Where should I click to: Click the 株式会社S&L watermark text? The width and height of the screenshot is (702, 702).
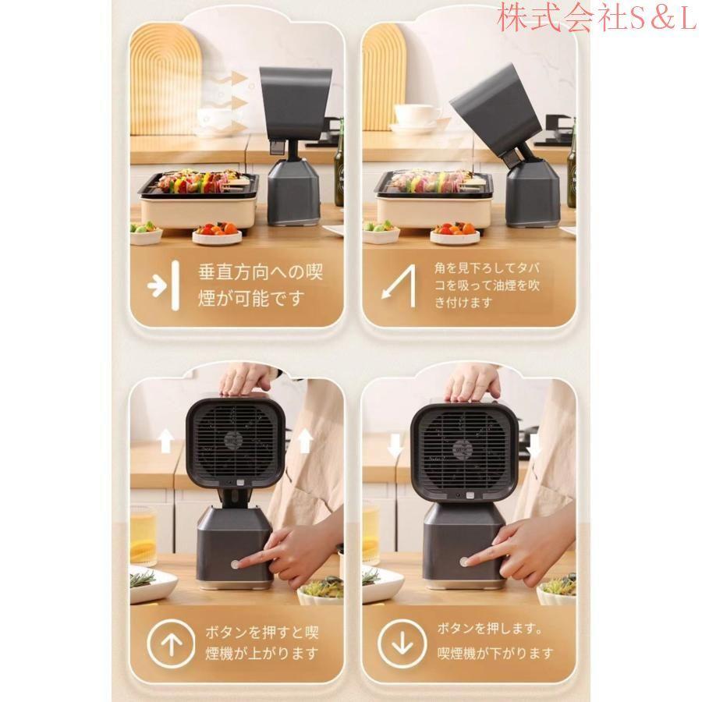[x=597, y=17]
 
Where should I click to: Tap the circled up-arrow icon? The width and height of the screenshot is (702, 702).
[x=171, y=643]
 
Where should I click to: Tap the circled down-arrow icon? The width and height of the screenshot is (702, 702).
[x=402, y=643]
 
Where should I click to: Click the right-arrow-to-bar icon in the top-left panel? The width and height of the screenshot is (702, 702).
[x=164, y=285]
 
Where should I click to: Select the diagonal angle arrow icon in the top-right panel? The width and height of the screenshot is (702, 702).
[x=399, y=286]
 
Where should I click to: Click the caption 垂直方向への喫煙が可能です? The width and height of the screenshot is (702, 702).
[x=260, y=285]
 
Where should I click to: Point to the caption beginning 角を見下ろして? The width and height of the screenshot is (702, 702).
[x=487, y=285]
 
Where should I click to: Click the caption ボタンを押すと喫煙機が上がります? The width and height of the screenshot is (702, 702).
[x=262, y=643]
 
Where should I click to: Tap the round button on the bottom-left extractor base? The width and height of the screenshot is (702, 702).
[x=236, y=564]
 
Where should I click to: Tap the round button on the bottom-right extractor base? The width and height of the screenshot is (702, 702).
[x=464, y=562]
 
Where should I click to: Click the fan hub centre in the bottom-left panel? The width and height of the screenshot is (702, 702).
[x=234, y=440]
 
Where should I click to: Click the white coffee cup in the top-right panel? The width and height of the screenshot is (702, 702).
[x=415, y=115]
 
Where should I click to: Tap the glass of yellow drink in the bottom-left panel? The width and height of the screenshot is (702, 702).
[x=144, y=535]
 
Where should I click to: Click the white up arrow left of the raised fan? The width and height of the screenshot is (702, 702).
[x=166, y=440]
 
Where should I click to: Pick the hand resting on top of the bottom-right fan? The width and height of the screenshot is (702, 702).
[x=474, y=384]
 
